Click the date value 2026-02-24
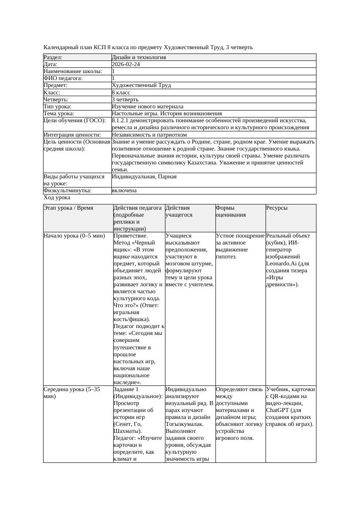(x=126, y=64)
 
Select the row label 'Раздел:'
(x=53, y=57)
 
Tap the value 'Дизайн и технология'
(x=138, y=57)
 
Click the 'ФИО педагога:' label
(x=63, y=78)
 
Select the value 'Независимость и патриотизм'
(x=149, y=135)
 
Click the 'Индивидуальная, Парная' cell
(x=144, y=177)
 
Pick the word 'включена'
(x=124, y=191)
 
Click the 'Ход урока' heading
(x=57, y=198)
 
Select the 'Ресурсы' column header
(x=277, y=208)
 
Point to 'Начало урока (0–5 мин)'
(x=74, y=236)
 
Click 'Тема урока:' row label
(x=59, y=114)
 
